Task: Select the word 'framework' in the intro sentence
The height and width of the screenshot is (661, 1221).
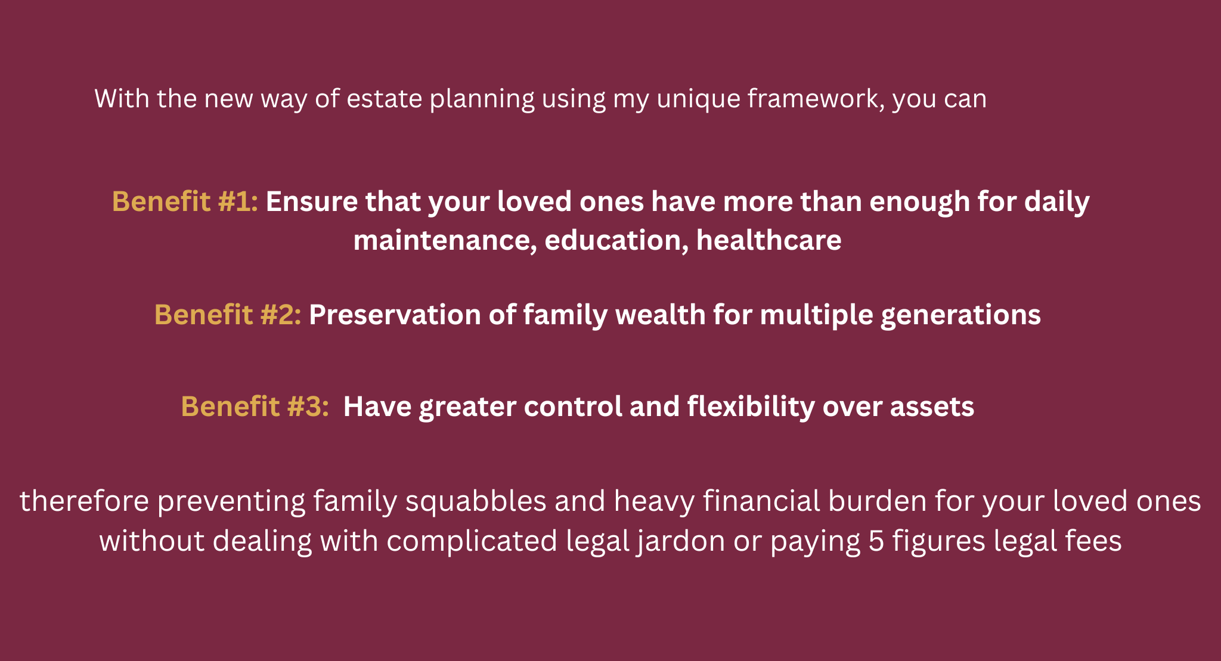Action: click(816, 99)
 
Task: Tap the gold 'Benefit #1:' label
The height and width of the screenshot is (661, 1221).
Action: click(185, 201)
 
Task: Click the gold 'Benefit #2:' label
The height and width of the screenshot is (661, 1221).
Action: click(228, 315)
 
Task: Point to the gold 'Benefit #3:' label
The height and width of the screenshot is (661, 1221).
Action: click(255, 406)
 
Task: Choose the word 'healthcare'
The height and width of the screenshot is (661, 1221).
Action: click(769, 240)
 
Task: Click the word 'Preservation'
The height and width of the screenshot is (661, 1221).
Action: click(395, 315)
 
